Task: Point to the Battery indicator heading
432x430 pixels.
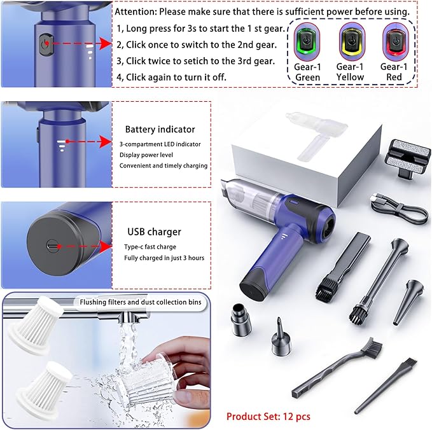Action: click(x=160, y=129)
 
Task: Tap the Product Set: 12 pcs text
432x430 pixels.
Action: click(x=268, y=416)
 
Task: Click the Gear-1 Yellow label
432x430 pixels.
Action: click(x=350, y=71)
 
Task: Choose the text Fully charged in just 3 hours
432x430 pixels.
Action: click(x=164, y=258)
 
